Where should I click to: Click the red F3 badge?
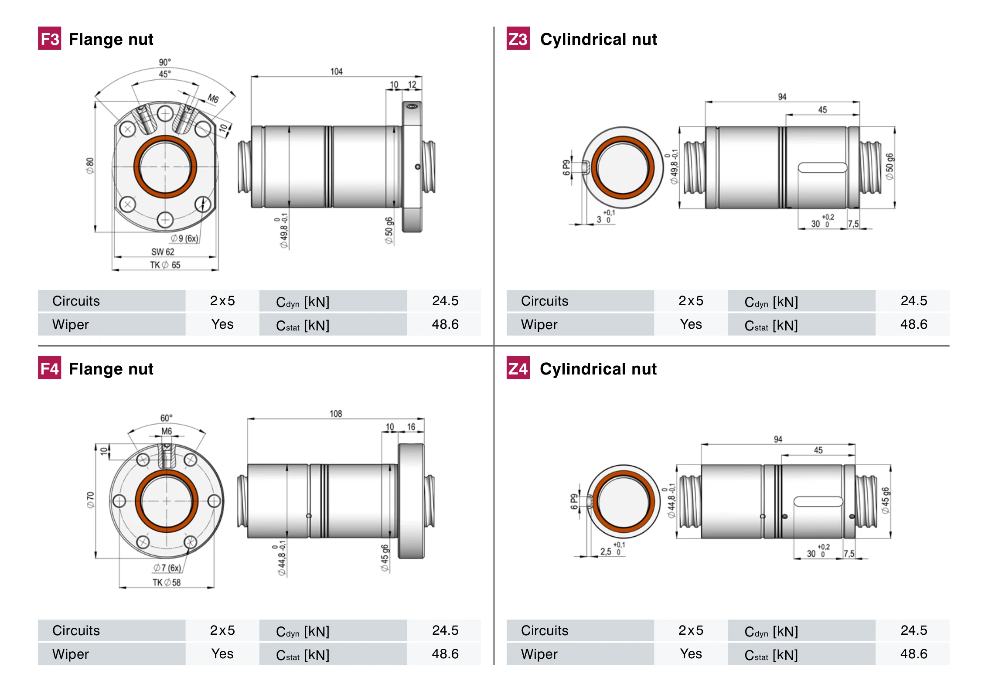(49, 39)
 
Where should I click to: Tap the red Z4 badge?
(518, 368)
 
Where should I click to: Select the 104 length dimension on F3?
(336, 71)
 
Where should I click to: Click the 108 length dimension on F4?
(335, 414)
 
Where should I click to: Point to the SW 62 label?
(163, 252)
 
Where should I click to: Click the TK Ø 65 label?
(165, 265)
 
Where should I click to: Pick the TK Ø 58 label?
(166, 582)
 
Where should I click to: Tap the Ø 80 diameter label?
(90, 166)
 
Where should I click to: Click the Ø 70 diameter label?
(90, 500)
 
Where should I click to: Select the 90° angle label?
(165, 62)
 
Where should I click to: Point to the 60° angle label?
(166, 418)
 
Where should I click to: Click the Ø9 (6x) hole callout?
(184, 238)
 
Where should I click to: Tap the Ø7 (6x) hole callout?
(167, 568)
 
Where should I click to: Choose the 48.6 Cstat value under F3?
(445, 324)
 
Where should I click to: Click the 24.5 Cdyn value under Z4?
(913, 630)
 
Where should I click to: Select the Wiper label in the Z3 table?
(539, 324)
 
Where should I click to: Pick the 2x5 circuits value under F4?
(222, 630)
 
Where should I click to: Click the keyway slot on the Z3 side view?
(822, 167)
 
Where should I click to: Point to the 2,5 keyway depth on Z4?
(606, 551)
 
